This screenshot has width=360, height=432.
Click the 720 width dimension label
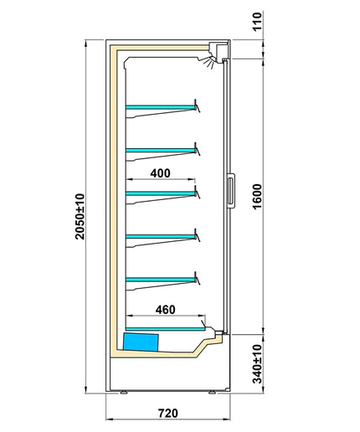coord(168,413)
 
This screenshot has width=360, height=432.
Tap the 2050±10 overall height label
coord(80,216)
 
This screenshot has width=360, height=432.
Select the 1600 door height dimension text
coord(257,196)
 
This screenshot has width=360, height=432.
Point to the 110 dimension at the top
coord(257,21)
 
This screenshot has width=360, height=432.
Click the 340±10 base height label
coord(257,364)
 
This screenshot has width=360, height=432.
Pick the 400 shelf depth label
coord(160,173)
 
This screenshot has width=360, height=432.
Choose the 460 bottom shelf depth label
coord(166,310)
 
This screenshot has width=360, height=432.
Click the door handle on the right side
coord(231,191)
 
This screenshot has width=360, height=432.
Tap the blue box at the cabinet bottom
coord(141,342)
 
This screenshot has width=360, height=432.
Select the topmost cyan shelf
coord(161,107)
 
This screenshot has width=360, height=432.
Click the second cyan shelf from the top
coord(161,151)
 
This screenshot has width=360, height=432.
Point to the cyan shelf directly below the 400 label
coord(161,193)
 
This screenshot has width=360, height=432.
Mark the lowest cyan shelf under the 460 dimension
coord(166,329)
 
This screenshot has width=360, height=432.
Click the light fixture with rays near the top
coord(208,62)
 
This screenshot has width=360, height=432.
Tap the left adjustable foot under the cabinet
coord(124,393)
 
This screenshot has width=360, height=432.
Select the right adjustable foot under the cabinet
coord(213,393)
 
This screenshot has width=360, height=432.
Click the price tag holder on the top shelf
coord(197,105)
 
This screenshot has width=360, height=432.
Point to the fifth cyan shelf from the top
coord(161,280)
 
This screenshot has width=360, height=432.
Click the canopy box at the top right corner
coord(219,50)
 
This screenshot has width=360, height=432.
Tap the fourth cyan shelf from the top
coord(161,237)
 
